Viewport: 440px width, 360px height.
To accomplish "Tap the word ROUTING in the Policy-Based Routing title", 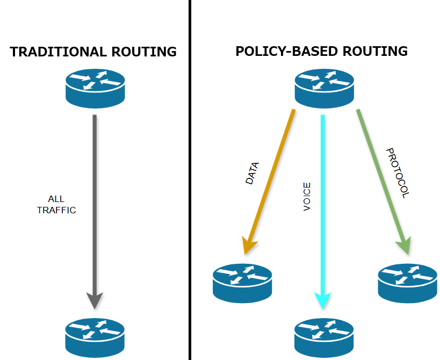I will tap(377, 52).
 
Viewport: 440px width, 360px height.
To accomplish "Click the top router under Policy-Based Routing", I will tap(324, 87).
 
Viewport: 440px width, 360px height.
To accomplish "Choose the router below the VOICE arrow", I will tap(324, 336).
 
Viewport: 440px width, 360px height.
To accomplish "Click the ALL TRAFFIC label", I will tap(56, 205).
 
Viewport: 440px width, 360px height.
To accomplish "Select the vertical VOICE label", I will tap(307, 197).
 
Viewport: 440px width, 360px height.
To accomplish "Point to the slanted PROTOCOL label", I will tap(398, 173).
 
